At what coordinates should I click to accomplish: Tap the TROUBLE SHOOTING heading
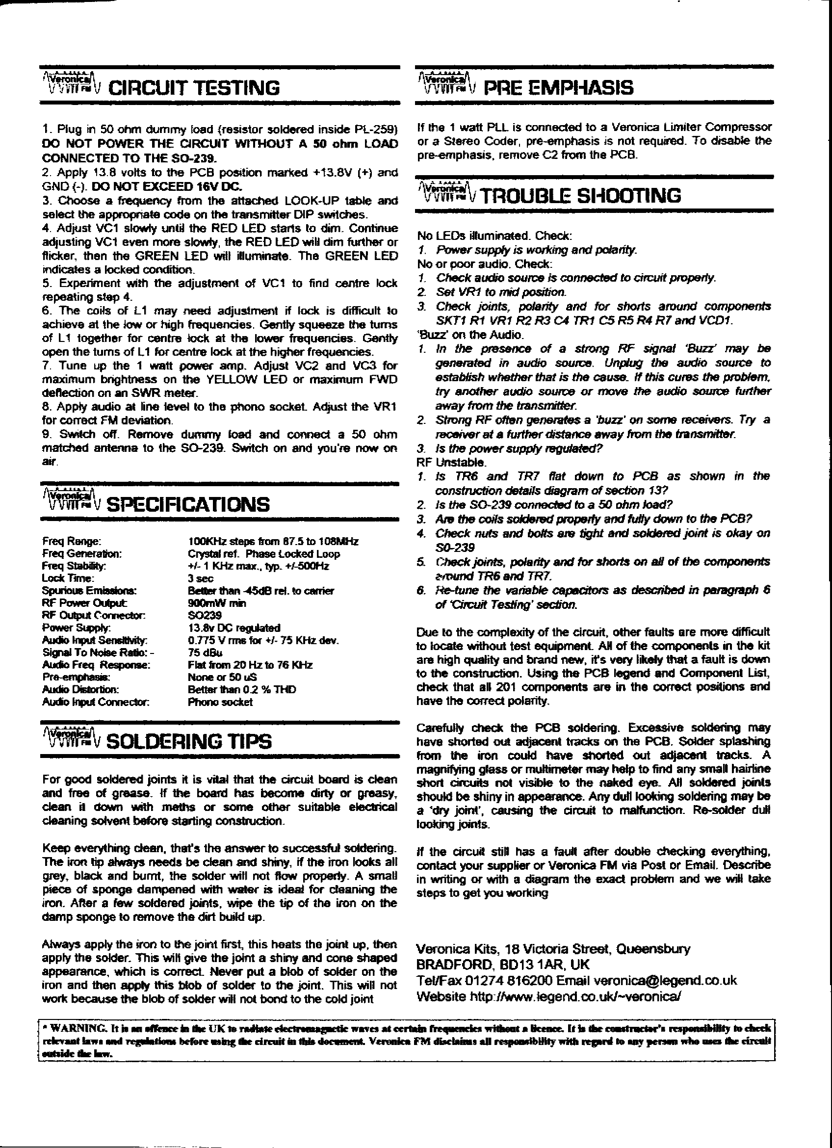581,195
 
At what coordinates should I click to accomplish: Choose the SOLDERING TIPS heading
190,742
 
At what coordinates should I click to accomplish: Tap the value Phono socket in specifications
220,702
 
